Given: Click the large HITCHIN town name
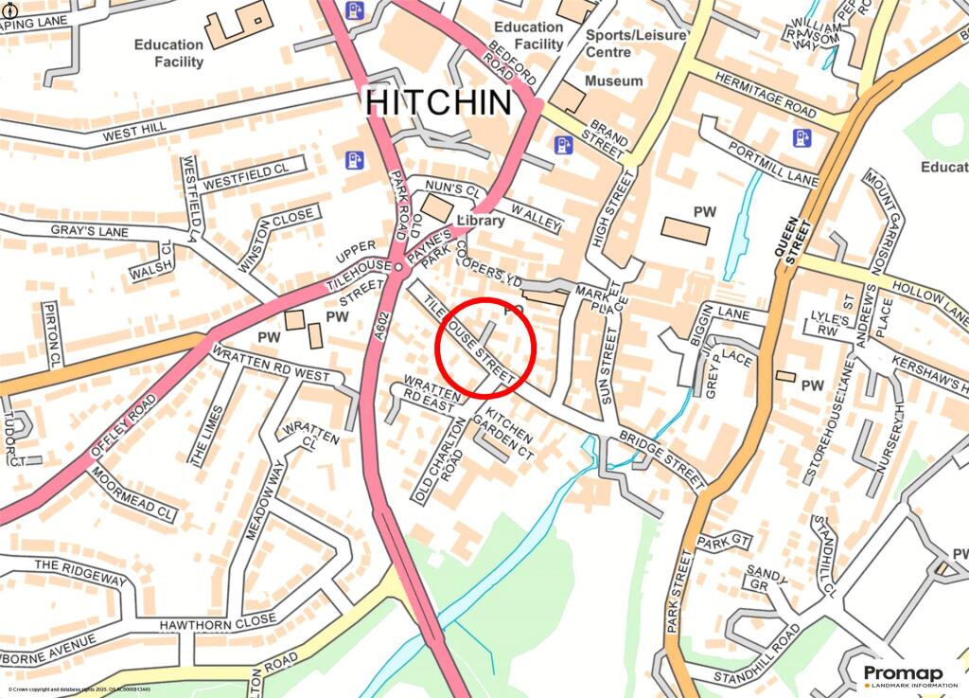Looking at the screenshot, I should pyautogui.click(x=439, y=102).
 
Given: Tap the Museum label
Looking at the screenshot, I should pyautogui.click(x=613, y=81).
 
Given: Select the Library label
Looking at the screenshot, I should pyautogui.click(x=482, y=220).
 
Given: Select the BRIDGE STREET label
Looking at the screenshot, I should pyautogui.click(x=662, y=457).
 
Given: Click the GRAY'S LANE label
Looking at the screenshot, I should pyautogui.click(x=89, y=231).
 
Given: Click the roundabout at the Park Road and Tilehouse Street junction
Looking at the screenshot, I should pyautogui.click(x=398, y=268).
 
